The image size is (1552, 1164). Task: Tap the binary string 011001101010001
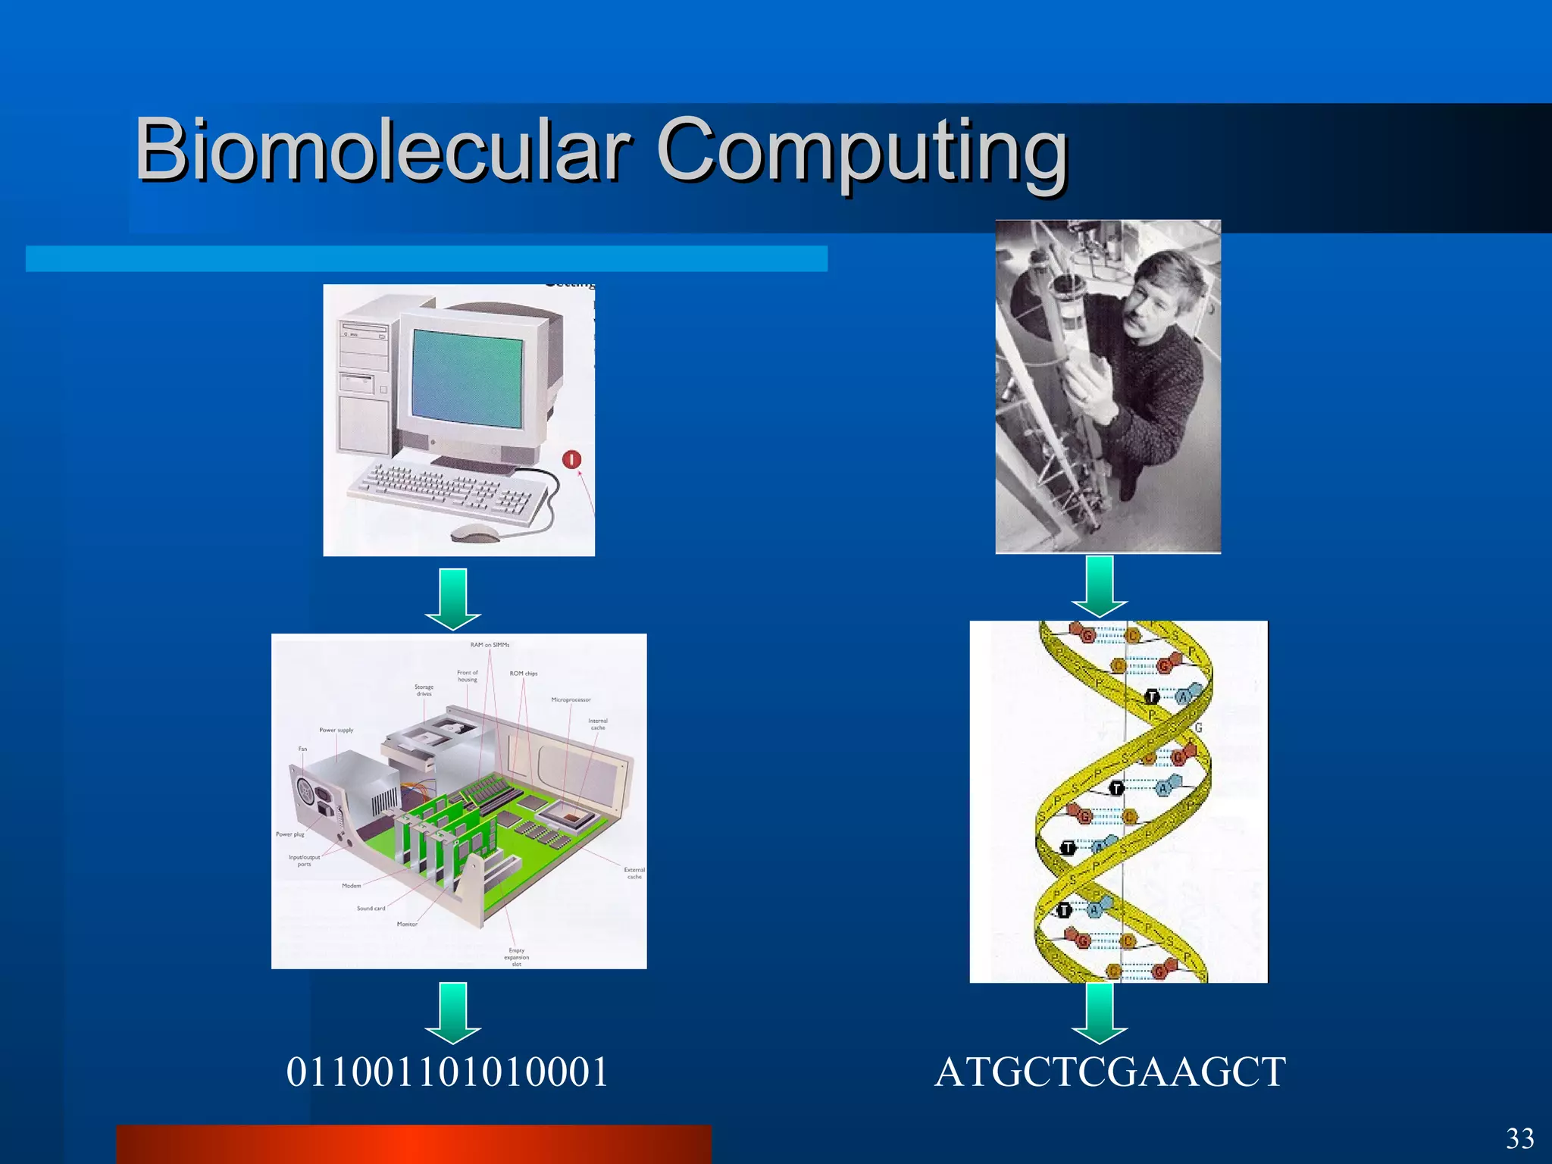coord(447,1072)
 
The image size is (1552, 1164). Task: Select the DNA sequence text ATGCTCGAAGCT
coord(1109,1072)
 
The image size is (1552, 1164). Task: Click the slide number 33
coord(1519,1139)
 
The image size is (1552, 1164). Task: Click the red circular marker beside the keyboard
coord(571,459)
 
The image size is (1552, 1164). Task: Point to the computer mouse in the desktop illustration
coord(474,533)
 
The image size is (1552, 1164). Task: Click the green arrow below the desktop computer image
coord(452,599)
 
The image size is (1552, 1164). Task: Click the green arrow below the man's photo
coord(1100,586)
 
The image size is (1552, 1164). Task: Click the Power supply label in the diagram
coord(336,731)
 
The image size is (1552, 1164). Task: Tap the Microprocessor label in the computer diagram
coord(571,699)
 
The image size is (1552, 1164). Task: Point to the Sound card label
coord(371,908)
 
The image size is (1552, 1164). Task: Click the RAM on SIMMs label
coord(490,645)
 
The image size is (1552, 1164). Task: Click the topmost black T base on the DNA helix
coord(1152,696)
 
